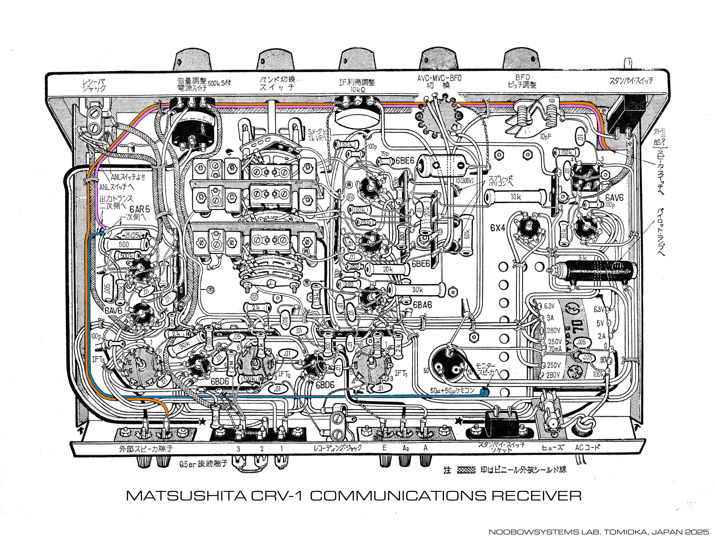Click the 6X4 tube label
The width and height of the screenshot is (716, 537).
tap(498, 228)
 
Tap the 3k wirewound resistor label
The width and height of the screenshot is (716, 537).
tap(583, 258)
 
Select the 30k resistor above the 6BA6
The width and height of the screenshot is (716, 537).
tap(417, 290)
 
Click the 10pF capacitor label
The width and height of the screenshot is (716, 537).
tap(546, 137)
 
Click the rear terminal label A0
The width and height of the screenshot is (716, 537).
tap(406, 449)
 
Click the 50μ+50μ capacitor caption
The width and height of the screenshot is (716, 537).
tap(452, 391)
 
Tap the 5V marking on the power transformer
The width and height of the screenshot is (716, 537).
tap(600, 323)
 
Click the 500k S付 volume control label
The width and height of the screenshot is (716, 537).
tap(219, 83)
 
